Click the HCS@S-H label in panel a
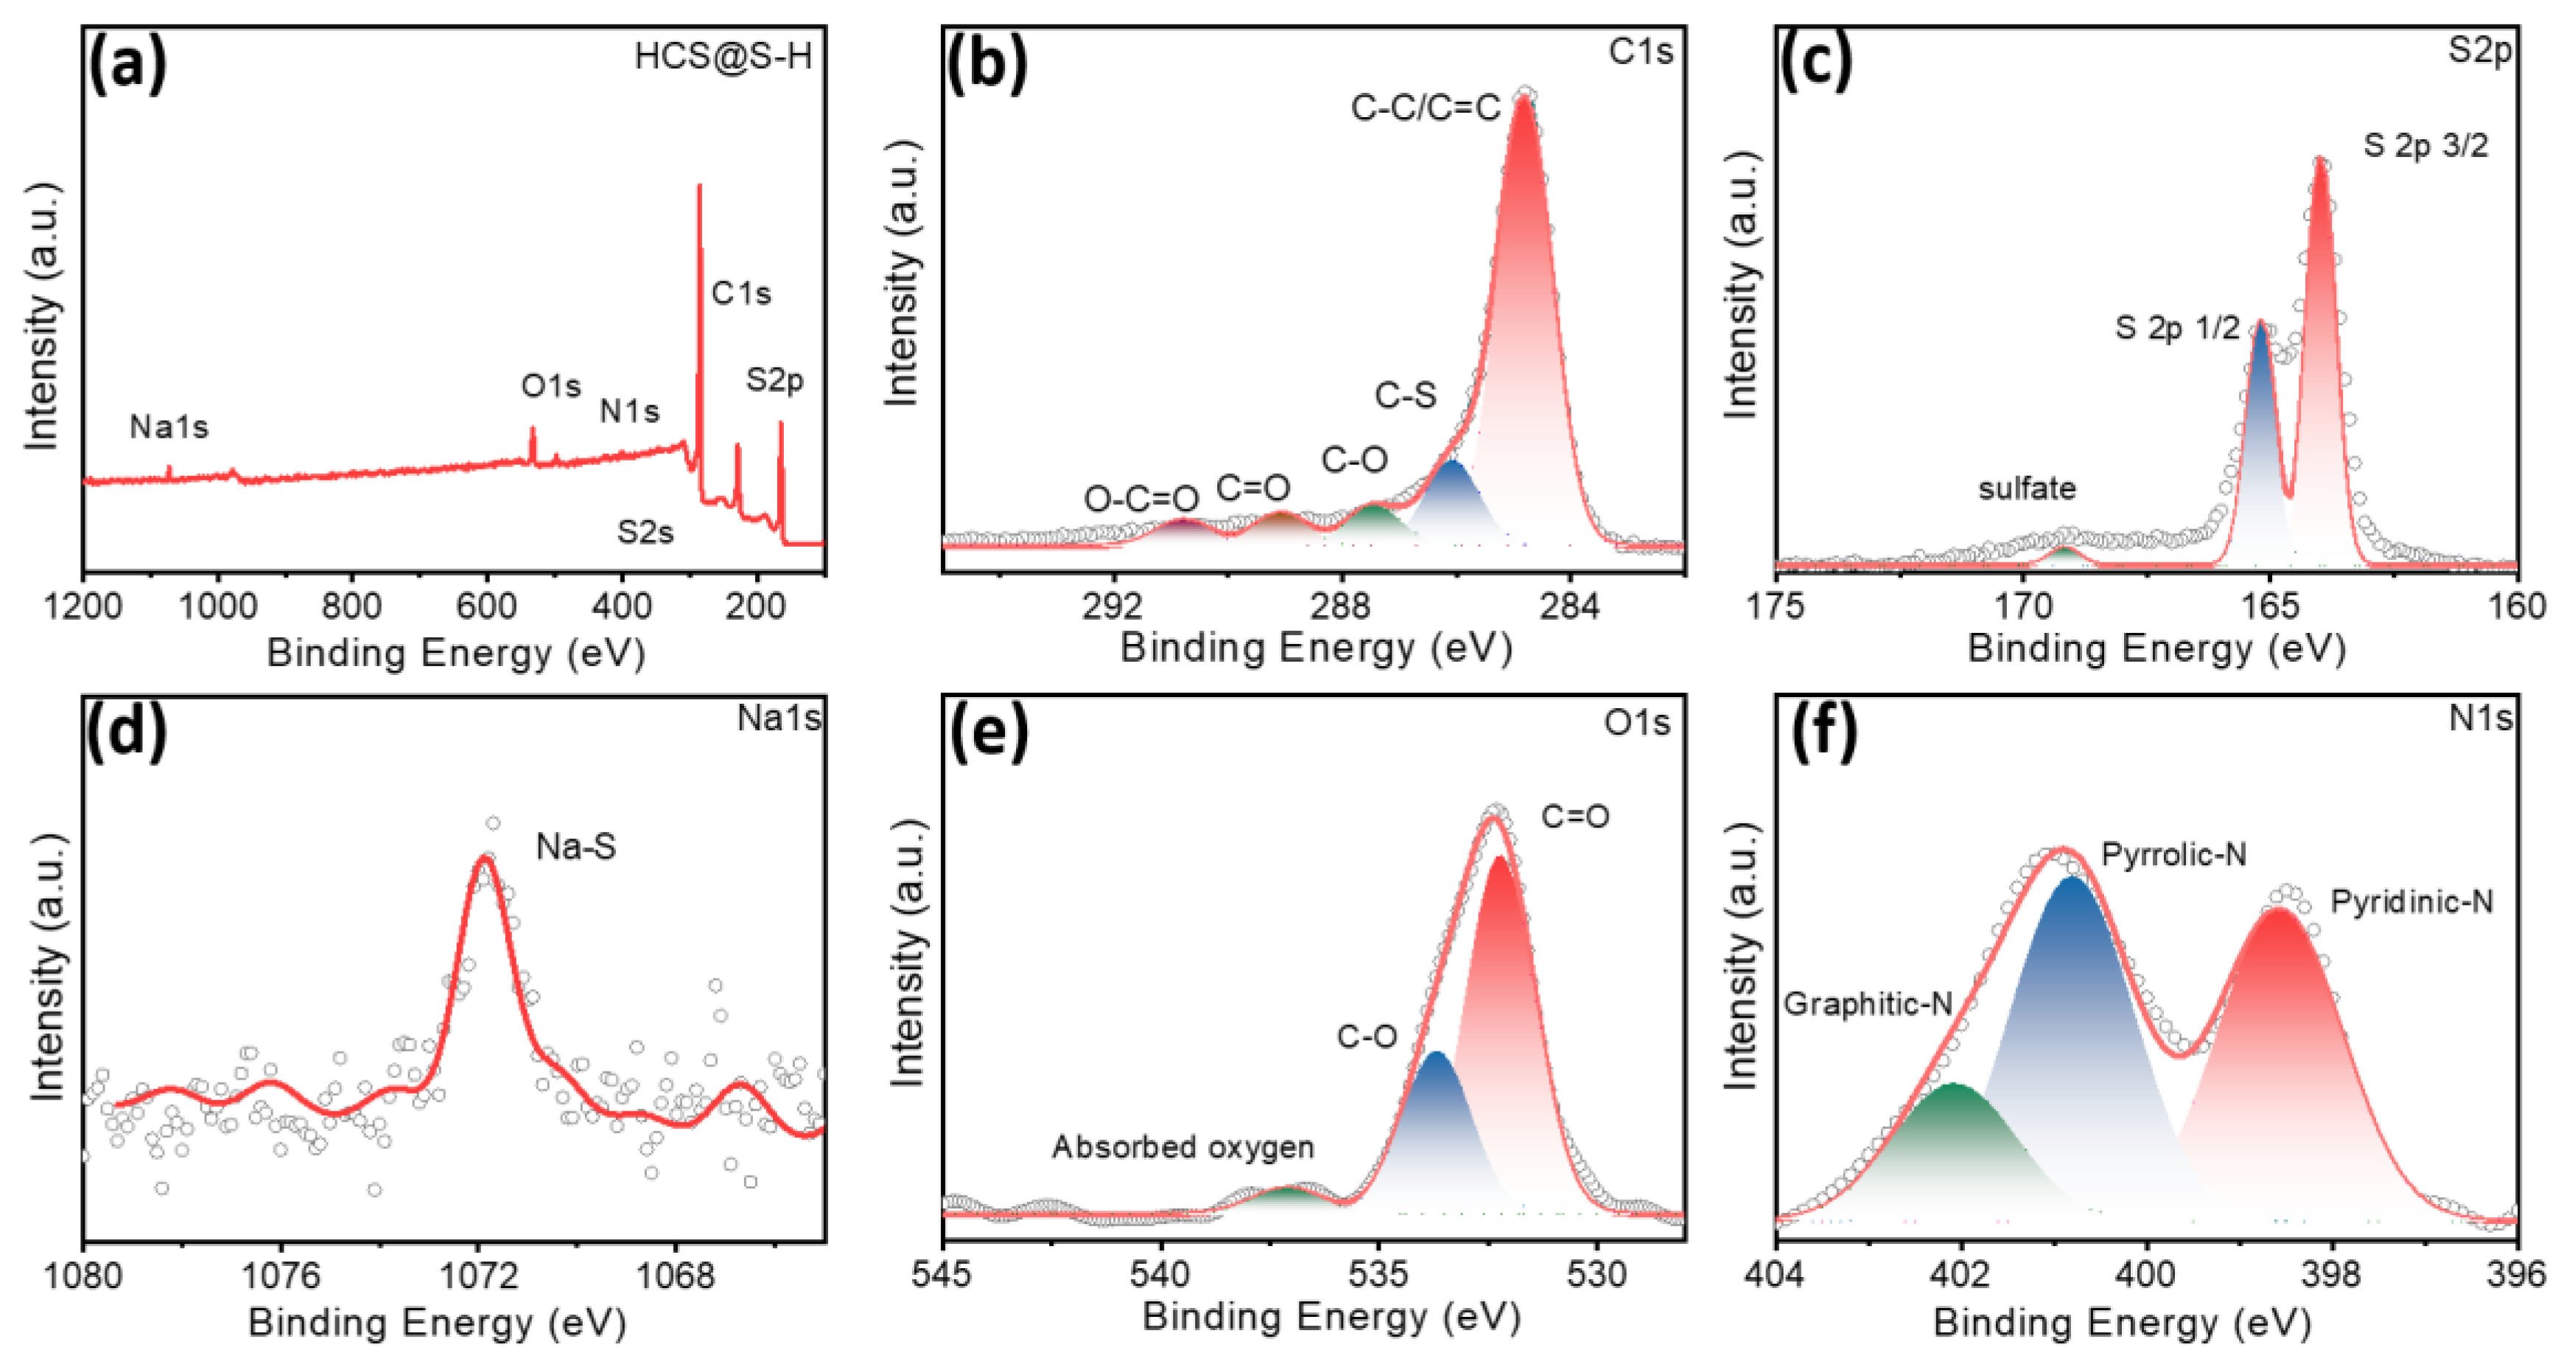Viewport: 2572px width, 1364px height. [723, 56]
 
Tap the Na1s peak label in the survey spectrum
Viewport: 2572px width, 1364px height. [169, 427]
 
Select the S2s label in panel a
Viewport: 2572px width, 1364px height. [645, 532]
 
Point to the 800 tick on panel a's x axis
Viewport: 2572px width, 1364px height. [351, 606]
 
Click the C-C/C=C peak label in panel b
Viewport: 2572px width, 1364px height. [1425, 107]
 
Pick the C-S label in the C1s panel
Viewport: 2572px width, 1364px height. [1405, 396]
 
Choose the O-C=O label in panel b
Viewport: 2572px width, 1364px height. [1141, 498]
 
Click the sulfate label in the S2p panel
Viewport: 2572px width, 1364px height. [2027, 489]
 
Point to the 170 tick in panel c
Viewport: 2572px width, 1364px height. [2023, 606]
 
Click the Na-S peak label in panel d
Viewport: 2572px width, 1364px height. [576, 847]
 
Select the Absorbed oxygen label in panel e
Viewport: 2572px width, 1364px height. [1182, 1147]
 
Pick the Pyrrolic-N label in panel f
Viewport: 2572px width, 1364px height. [2173, 855]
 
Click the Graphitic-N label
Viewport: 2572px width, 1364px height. [1867, 1004]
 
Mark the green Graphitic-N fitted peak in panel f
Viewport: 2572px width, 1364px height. [1955, 1139]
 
